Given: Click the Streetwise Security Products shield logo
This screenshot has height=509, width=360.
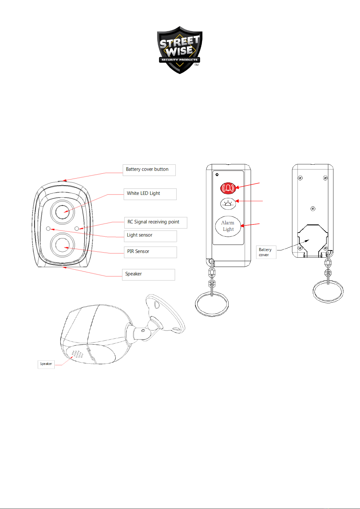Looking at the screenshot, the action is pyautogui.click(x=180, y=50).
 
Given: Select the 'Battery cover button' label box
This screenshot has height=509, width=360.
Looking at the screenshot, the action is pyautogui.click(x=149, y=170).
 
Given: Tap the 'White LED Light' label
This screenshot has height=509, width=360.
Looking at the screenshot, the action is pyautogui.click(x=150, y=194).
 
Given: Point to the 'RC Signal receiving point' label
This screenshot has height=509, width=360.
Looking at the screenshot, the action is pyautogui.click(x=155, y=222).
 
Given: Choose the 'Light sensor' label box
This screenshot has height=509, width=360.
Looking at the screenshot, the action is pyautogui.click(x=150, y=236).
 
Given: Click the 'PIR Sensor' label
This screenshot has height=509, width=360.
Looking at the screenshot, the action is pyautogui.click(x=150, y=252).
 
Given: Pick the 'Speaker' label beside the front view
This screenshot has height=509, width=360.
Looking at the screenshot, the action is pyautogui.click(x=148, y=274).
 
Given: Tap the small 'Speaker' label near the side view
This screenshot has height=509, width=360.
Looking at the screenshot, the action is pyautogui.click(x=46, y=364).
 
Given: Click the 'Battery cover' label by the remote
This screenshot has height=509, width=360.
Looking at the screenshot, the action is pyautogui.click(x=266, y=252).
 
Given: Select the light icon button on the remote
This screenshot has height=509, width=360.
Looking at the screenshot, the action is pyautogui.click(x=228, y=204).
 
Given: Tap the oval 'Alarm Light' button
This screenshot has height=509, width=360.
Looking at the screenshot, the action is pyautogui.click(x=228, y=226).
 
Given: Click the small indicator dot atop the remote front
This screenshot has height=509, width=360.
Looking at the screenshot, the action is pyautogui.click(x=217, y=175).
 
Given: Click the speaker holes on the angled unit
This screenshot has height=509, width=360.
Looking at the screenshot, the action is pyautogui.click(x=77, y=354).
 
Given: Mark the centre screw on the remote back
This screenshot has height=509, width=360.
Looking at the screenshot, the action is pyautogui.click(x=313, y=208).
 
